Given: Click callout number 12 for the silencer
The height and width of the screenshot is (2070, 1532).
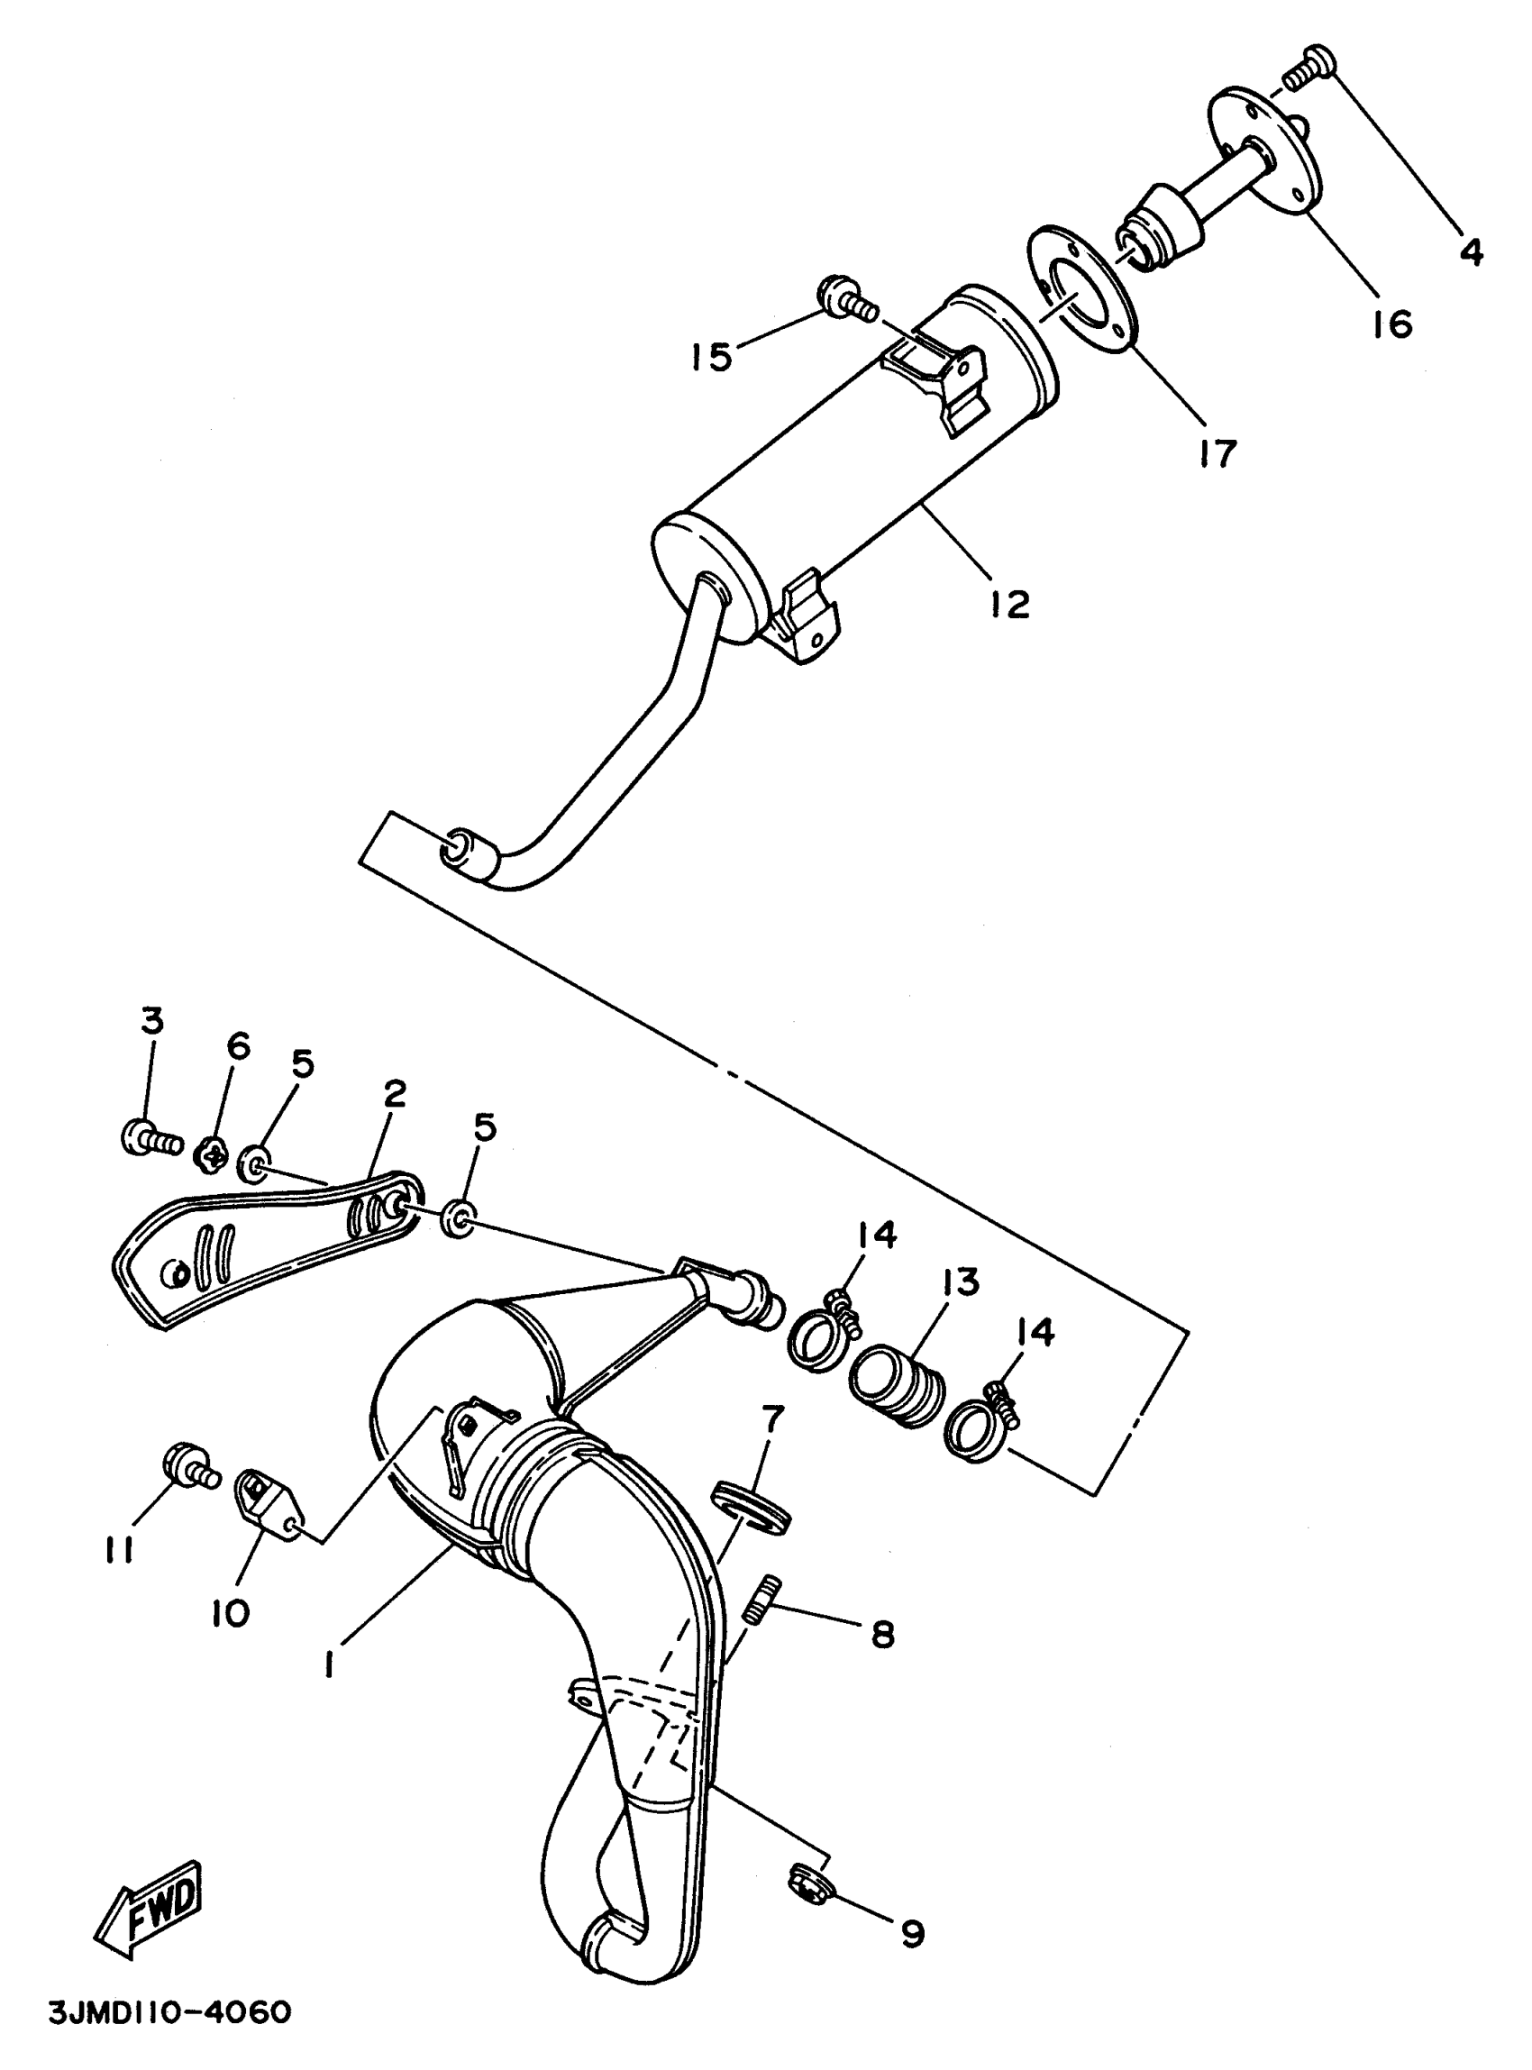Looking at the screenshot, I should coord(1008,605).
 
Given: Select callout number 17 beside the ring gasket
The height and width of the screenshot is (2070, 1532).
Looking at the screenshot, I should coord(1216,453).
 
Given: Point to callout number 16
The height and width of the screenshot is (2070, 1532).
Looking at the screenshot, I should coord(1392,324).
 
